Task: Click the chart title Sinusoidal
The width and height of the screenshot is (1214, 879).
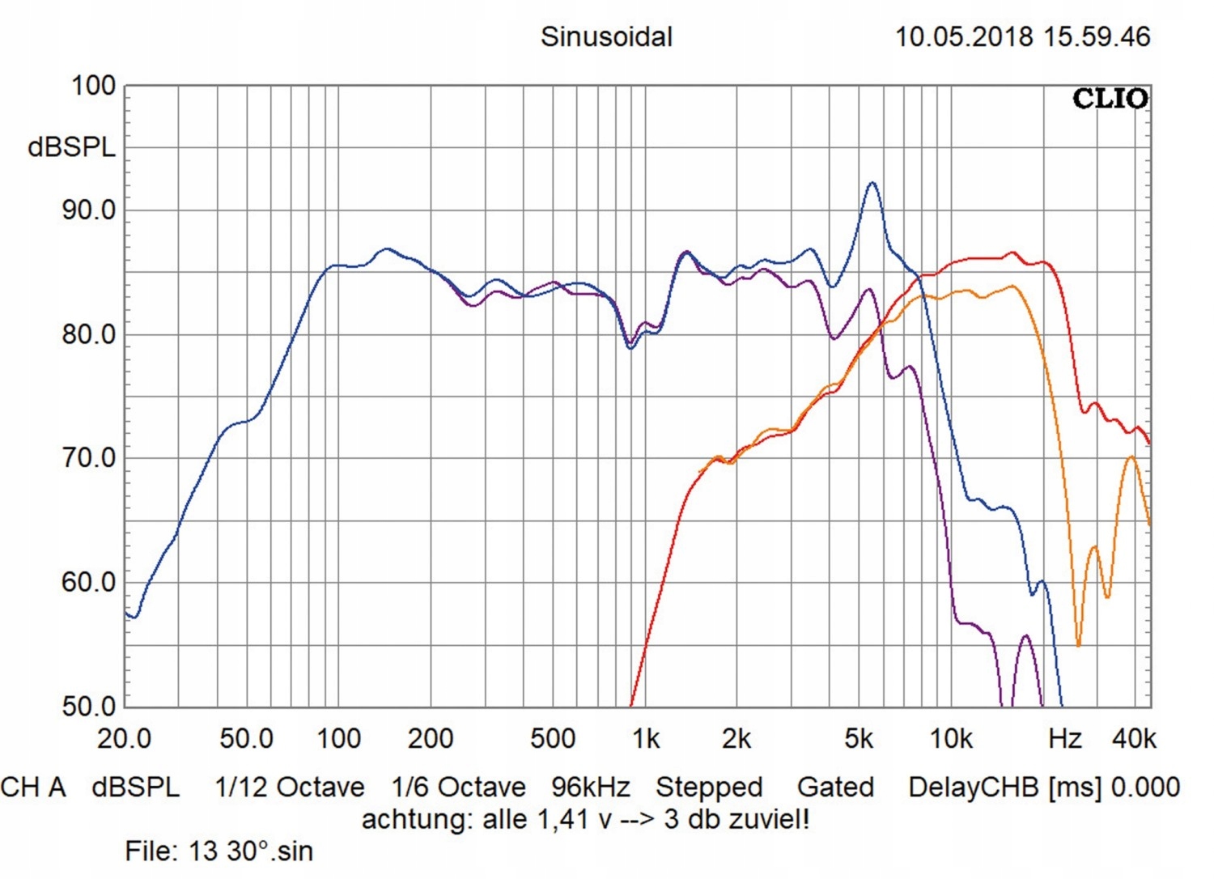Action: tap(606, 37)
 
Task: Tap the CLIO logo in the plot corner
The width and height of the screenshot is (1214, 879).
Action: tap(1110, 99)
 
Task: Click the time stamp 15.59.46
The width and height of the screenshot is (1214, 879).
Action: tap(1097, 37)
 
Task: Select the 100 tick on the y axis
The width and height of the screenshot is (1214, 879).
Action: tap(93, 86)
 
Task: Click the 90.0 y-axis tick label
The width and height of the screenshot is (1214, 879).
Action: tap(89, 210)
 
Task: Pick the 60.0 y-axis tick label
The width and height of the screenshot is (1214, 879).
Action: tap(89, 583)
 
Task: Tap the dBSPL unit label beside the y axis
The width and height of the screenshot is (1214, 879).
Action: tap(71, 147)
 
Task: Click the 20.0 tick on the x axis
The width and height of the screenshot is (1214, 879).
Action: tap(124, 739)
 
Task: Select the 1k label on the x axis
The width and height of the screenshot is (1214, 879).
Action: tap(646, 739)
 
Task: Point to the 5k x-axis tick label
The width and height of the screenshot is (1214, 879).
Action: tap(859, 739)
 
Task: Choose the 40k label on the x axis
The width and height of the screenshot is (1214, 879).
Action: tap(1134, 739)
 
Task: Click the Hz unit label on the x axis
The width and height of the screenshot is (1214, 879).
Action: tap(1064, 739)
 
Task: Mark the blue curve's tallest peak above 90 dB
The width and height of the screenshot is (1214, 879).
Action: tap(872, 185)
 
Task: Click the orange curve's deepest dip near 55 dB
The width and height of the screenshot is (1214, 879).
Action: tap(1078, 644)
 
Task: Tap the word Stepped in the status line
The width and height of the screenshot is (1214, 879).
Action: tap(709, 788)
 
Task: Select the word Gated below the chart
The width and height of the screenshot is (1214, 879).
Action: tap(835, 788)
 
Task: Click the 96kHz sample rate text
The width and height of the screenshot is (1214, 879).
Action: tap(590, 788)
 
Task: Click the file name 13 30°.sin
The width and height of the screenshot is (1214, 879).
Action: tap(250, 851)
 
